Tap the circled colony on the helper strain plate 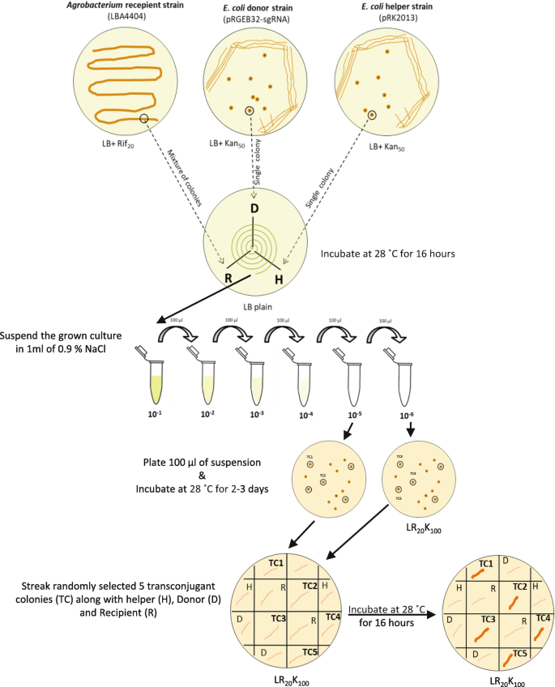coord(371,115)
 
